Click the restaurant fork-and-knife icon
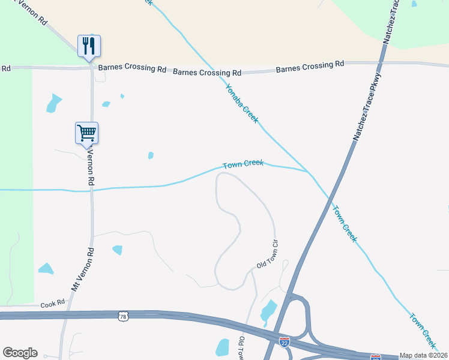[x=89, y=46]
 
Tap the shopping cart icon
[x=86, y=133]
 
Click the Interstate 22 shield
[x=285, y=341]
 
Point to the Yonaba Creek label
[x=241, y=103]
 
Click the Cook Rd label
[x=52, y=304]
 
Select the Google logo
[x=20, y=353]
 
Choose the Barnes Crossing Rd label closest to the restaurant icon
[x=132, y=69]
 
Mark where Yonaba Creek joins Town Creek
[x=309, y=172]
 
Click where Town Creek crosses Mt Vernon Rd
[x=92, y=190]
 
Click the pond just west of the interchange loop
[x=268, y=311]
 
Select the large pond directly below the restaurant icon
[x=54, y=103]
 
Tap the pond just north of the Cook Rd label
[x=46, y=268]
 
